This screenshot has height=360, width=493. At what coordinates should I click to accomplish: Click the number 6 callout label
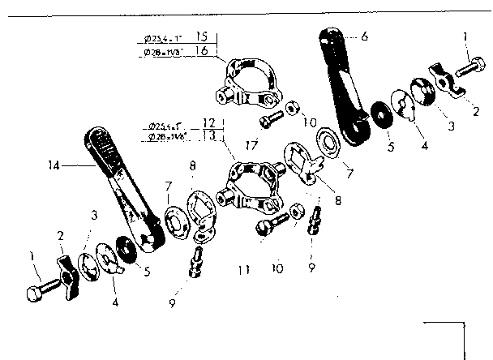(365, 36)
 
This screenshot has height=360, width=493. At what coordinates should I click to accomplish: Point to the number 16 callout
(203, 50)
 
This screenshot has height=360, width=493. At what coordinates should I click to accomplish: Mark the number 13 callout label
(208, 137)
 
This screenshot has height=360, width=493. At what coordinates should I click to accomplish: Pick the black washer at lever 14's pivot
(126, 249)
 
